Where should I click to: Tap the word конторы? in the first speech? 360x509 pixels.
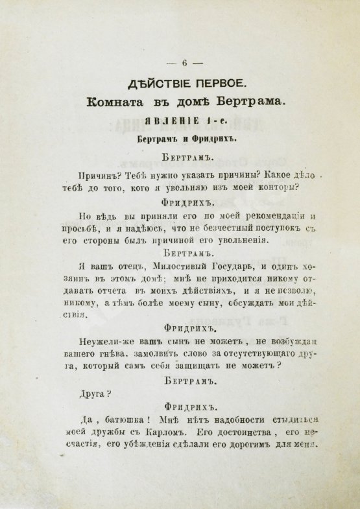point(275,188)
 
